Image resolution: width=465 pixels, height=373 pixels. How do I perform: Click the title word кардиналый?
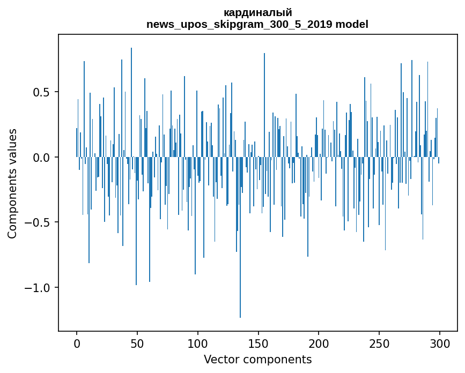pos(257,13)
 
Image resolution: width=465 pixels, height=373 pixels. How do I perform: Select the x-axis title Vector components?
pos(257,359)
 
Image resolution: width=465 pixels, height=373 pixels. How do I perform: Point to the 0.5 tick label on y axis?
pos(41,92)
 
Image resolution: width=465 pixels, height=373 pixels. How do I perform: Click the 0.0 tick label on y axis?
pos(41,158)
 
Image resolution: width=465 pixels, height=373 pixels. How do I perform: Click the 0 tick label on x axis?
pos(77,343)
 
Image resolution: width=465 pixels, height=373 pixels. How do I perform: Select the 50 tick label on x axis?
pos(137,343)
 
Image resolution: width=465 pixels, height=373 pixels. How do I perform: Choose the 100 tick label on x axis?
pos(198,343)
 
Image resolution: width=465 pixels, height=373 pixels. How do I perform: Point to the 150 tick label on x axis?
pos(259,343)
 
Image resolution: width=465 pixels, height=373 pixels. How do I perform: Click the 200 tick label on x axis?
pos(319,343)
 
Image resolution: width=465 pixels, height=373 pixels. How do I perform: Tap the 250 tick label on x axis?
pos(379,343)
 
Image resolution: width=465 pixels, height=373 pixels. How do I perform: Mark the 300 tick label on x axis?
pos(440,343)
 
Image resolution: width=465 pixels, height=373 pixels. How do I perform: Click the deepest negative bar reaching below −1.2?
pos(240,241)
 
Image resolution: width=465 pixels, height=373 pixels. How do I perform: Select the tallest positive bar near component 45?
pos(131,102)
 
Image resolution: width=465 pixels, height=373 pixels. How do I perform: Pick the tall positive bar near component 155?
pos(264,107)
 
